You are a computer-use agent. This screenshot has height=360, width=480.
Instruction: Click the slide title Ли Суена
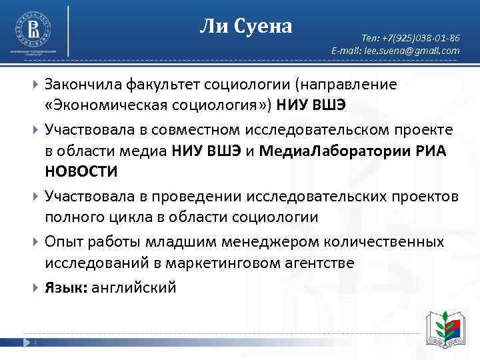(246, 27)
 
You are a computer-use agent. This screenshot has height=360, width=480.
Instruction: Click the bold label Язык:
(65, 287)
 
